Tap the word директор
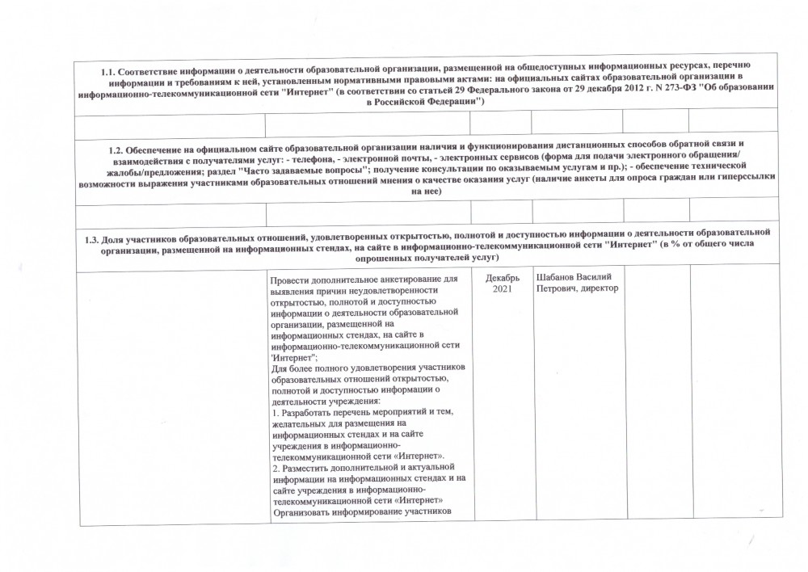click(x=604, y=289)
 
